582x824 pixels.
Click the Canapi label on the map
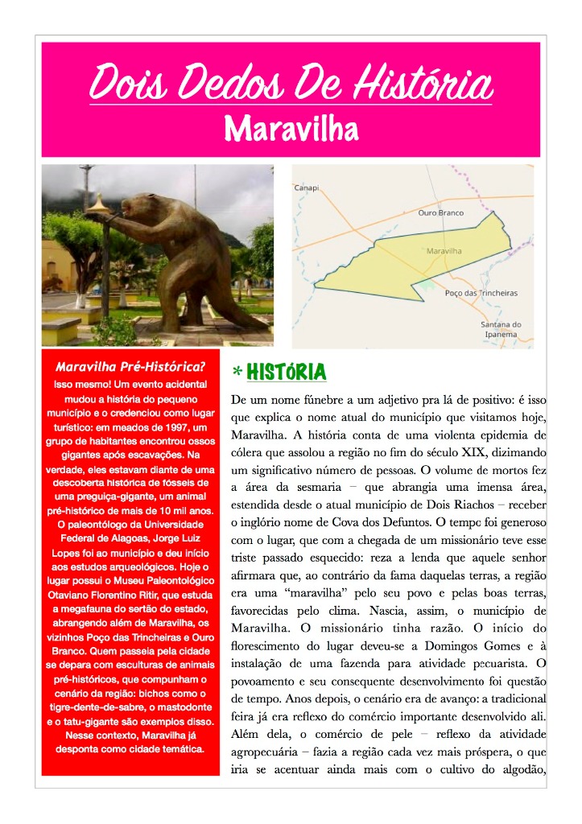click(x=307, y=188)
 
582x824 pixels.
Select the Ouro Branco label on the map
click(x=440, y=213)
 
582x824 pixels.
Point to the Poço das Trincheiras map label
click(x=481, y=293)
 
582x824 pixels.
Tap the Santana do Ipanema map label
click(x=501, y=329)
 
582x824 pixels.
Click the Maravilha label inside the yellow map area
click(x=444, y=251)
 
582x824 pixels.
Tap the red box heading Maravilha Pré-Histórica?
click(x=130, y=367)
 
